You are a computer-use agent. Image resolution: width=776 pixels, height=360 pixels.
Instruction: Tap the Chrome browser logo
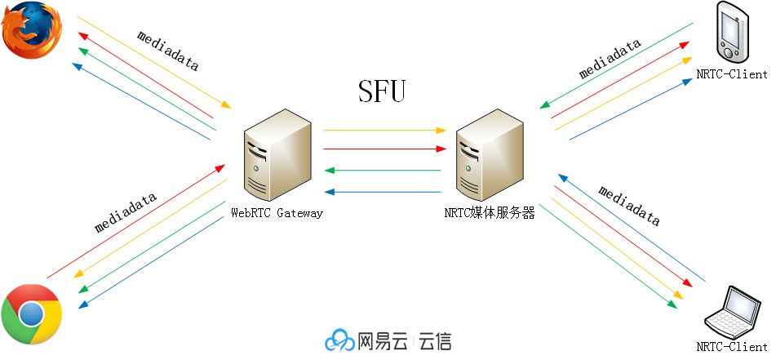pos(31,314)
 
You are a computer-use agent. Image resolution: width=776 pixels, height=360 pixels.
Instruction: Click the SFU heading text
pos(381,91)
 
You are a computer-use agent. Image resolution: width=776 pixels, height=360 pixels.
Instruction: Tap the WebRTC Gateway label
pos(277,214)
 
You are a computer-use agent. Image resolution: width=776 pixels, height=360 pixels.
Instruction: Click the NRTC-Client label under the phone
pos(732,74)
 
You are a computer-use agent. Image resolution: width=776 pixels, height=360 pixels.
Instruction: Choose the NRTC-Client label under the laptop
pos(732,346)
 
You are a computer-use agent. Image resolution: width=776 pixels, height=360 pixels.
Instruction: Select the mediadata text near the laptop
pos(629,204)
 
